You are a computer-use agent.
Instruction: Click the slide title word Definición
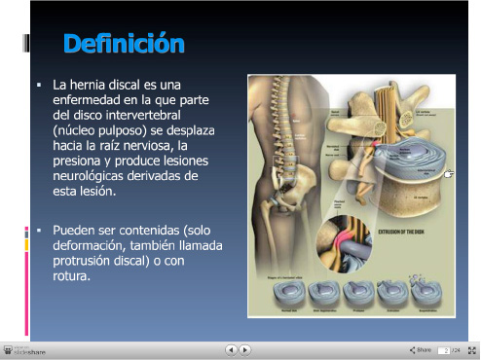click(x=123, y=44)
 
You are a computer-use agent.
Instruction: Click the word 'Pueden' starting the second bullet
click(x=72, y=232)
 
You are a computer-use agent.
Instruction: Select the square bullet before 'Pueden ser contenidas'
click(x=38, y=232)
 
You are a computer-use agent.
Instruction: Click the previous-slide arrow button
click(x=231, y=349)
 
